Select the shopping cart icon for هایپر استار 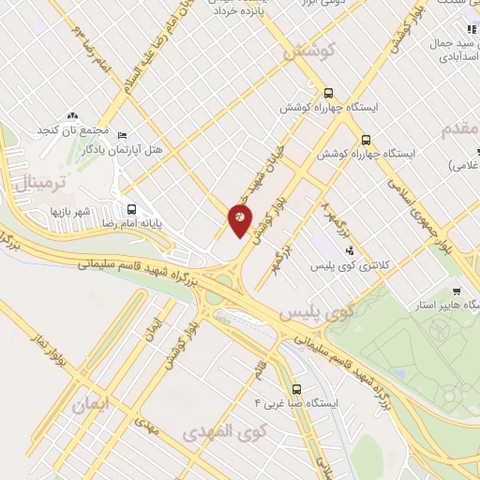(x=456, y=291)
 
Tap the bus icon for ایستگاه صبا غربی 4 (x=297, y=388)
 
